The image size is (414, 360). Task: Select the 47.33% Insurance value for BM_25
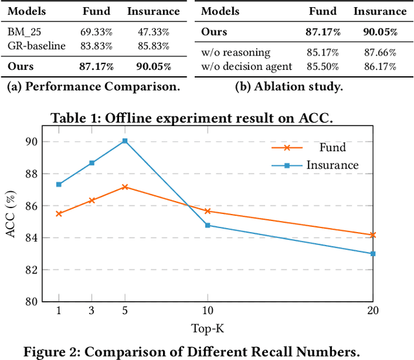point(153,30)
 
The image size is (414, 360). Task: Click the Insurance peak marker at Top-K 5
point(125,140)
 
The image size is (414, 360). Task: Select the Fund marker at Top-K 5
point(125,187)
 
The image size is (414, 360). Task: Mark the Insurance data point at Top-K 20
point(373,254)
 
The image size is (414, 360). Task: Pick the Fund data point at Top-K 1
point(59,213)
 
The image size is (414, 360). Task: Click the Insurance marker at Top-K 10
point(207,225)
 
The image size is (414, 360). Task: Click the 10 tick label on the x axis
point(207,311)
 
